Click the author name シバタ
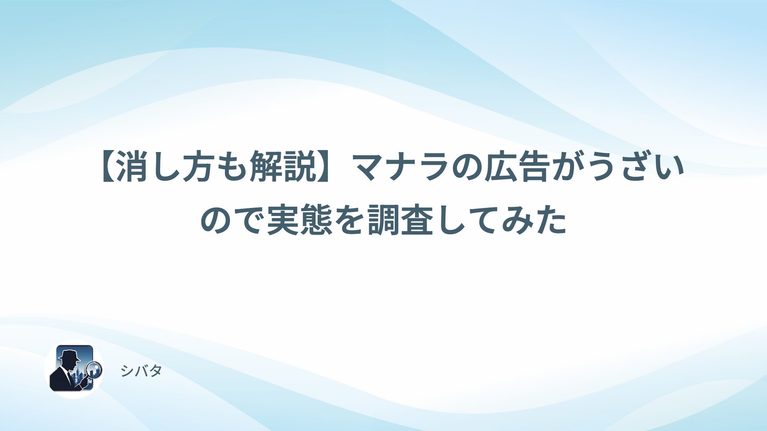(141, 371)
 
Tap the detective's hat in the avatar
(69, 354)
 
